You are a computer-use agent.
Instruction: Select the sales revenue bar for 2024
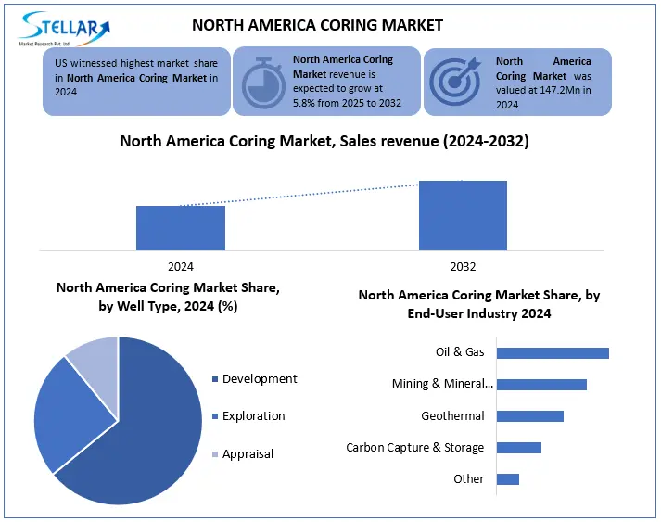click(181, 228)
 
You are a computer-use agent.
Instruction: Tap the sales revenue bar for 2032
click(463, 215)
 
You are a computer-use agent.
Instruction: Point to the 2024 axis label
click(181, 267)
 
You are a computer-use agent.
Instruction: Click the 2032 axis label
click(463, 267)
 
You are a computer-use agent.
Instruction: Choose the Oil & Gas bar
click(553, 353)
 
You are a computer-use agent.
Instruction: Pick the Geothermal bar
click(530, 416)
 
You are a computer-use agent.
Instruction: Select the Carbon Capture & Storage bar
click(519, 448)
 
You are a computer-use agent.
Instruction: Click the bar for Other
click(508, 479)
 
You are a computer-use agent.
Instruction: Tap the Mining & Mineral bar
click(541, 385)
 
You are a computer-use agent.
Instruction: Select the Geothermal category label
click(452, 416)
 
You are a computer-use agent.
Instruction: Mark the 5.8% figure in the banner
click(305, 102)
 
